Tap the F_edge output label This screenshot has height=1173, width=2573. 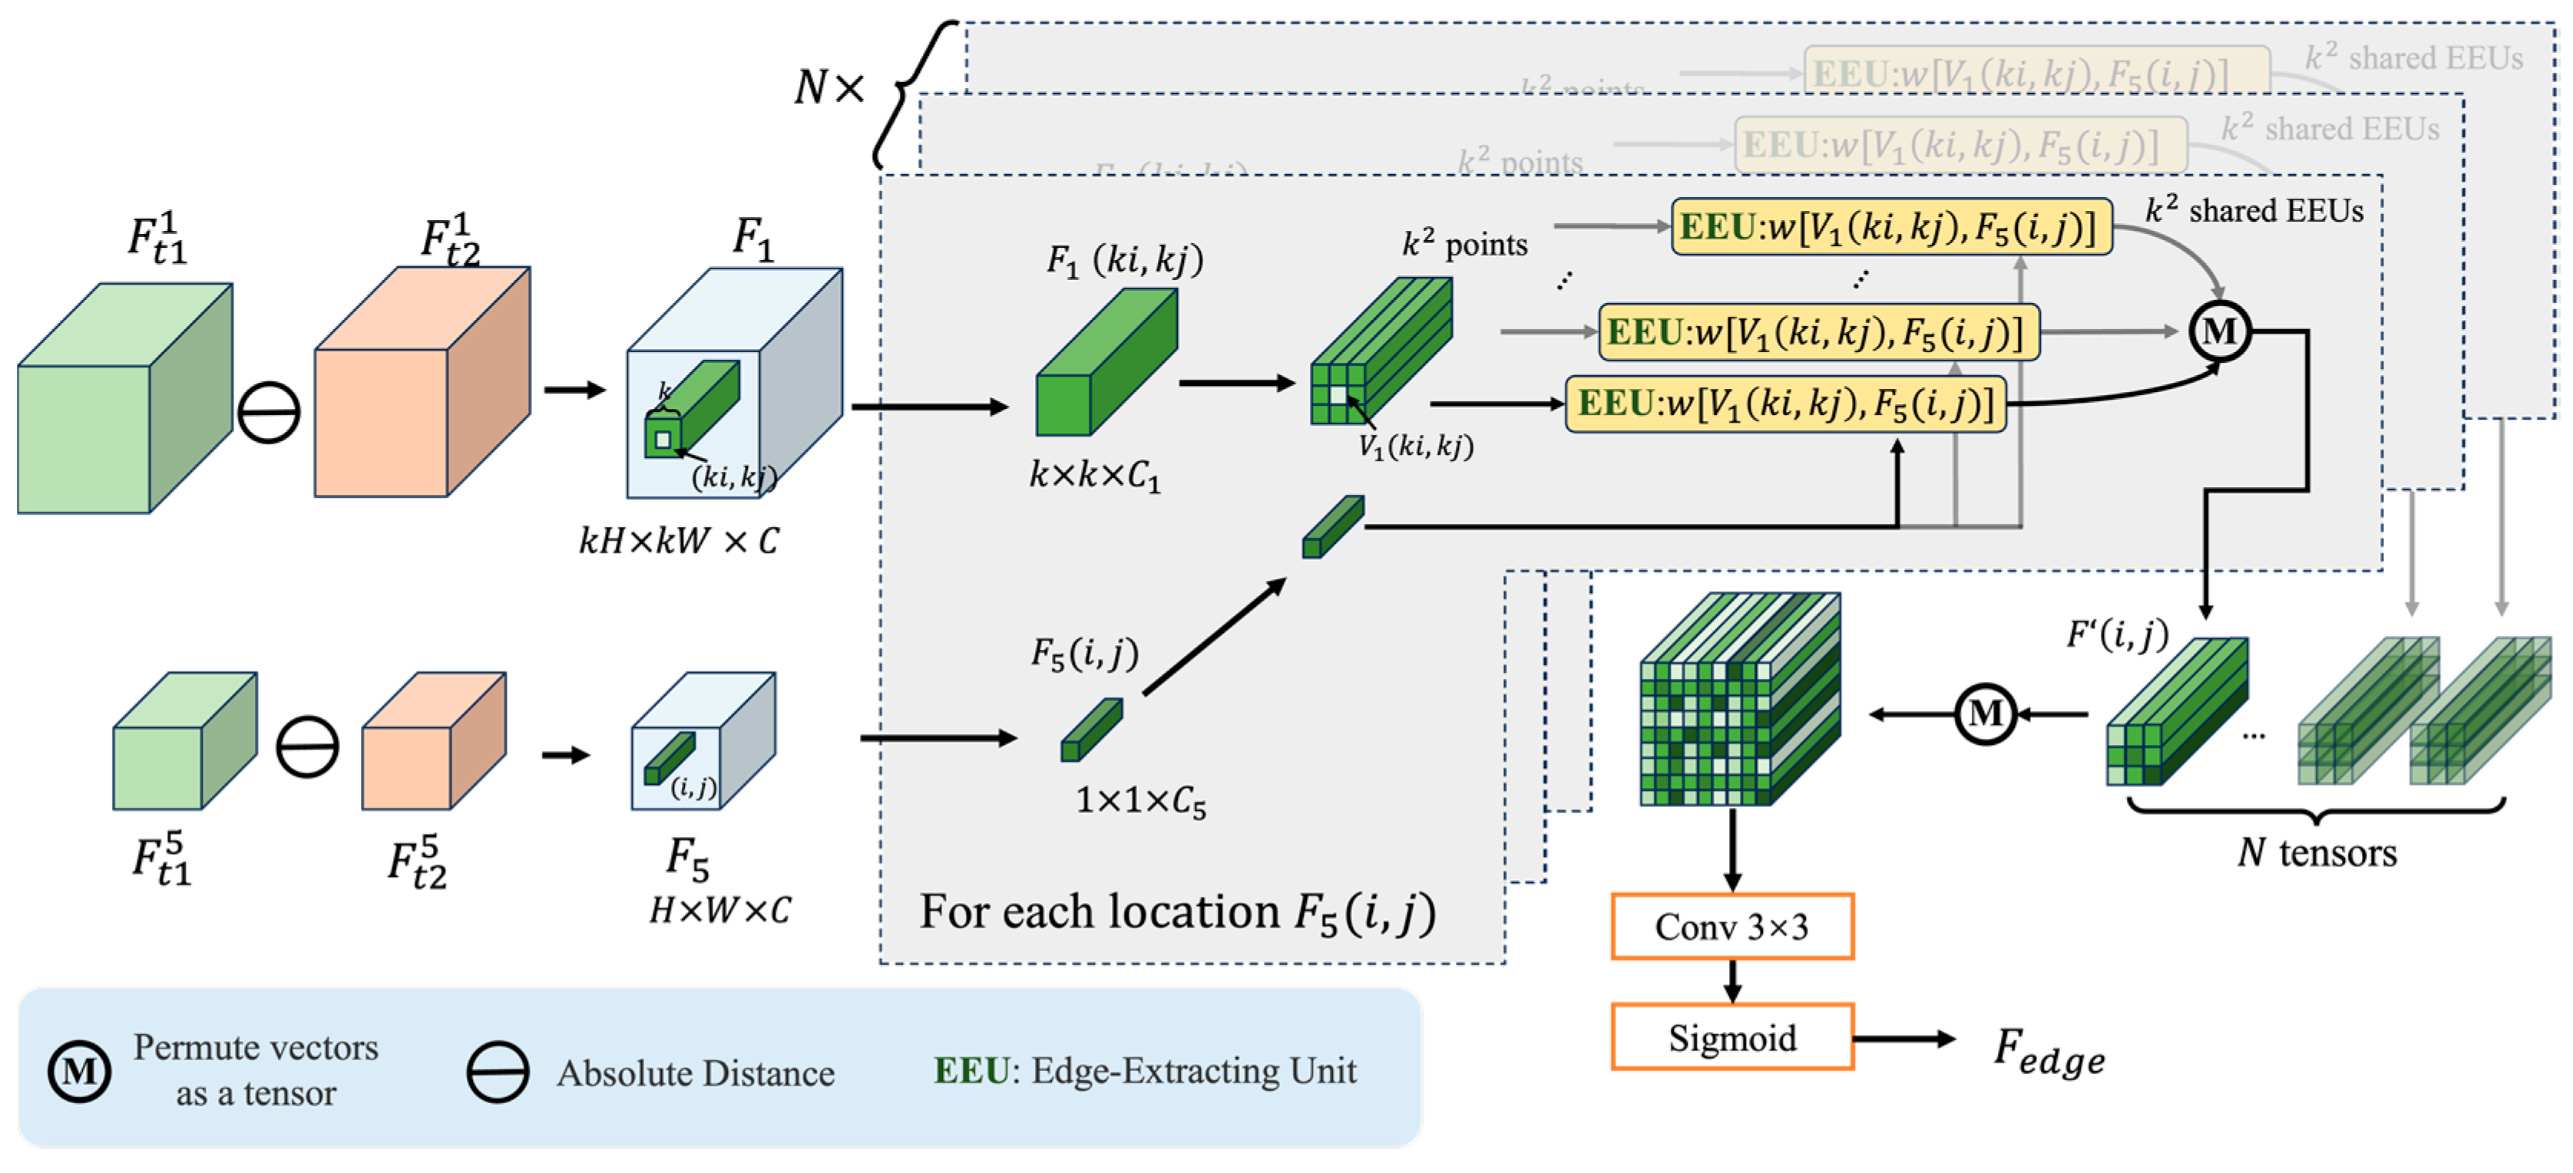(x=2048, y=1051)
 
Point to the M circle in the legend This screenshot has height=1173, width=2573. (x=80, y=1071)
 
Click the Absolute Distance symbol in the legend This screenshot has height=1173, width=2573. (x=498, y=1071)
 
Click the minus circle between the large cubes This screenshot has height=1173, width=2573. (x=268, y=411)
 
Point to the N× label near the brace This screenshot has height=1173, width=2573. (x=827, y=88)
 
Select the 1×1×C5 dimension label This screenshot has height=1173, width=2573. (x=1139, y=801)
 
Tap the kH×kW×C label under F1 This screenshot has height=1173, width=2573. (x=680, y=541)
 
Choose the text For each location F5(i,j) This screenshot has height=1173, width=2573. (x=1176, y=912)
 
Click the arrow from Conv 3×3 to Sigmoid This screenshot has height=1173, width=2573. (x=1732, y=980)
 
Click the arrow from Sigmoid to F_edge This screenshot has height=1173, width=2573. (x=1903, y=1038)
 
